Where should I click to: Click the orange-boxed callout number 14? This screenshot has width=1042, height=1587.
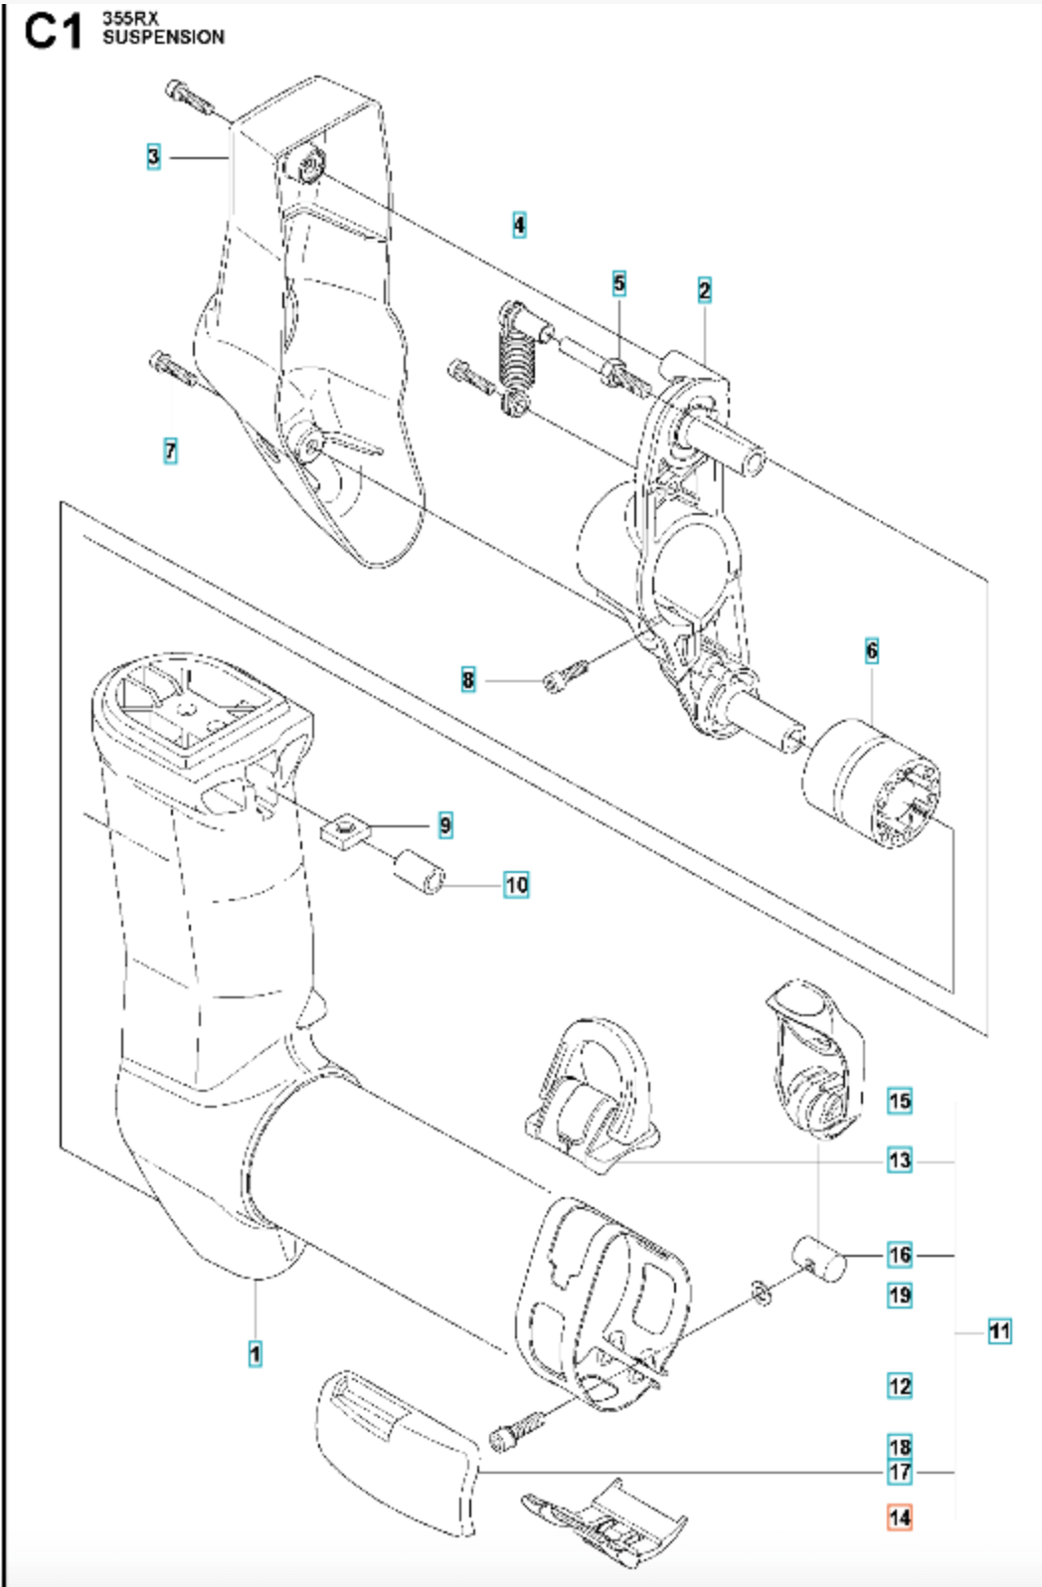(x=899, y=1517)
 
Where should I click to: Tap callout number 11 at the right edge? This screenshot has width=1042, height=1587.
(x=999, y=1330)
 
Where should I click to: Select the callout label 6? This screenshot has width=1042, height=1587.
(x=872, y=650)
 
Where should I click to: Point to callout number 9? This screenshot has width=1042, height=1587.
(x=444, y=824)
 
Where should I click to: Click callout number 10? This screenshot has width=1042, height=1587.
(x=516, y=884)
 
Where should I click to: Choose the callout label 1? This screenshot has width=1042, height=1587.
(x=256, y=1353)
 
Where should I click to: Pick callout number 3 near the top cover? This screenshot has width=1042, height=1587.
(x=153, y=156)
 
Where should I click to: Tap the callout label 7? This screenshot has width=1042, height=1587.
(x=171, y=450)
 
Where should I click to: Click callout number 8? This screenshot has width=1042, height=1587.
(x=468, y=680)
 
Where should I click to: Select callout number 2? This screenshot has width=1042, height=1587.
(x=704, y=290)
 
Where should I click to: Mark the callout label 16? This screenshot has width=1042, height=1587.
(x=899, y=1255)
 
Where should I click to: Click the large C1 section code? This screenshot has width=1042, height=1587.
(x=54, y=30)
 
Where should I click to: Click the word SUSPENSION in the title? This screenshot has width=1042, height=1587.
(x=163, y=38)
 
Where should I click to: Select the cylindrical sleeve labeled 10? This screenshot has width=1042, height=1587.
(x=419, y=870)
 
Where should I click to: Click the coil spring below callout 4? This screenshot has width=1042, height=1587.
(x=516, y=358)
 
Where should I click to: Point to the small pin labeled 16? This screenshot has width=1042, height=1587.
(x=819, y=1259)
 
